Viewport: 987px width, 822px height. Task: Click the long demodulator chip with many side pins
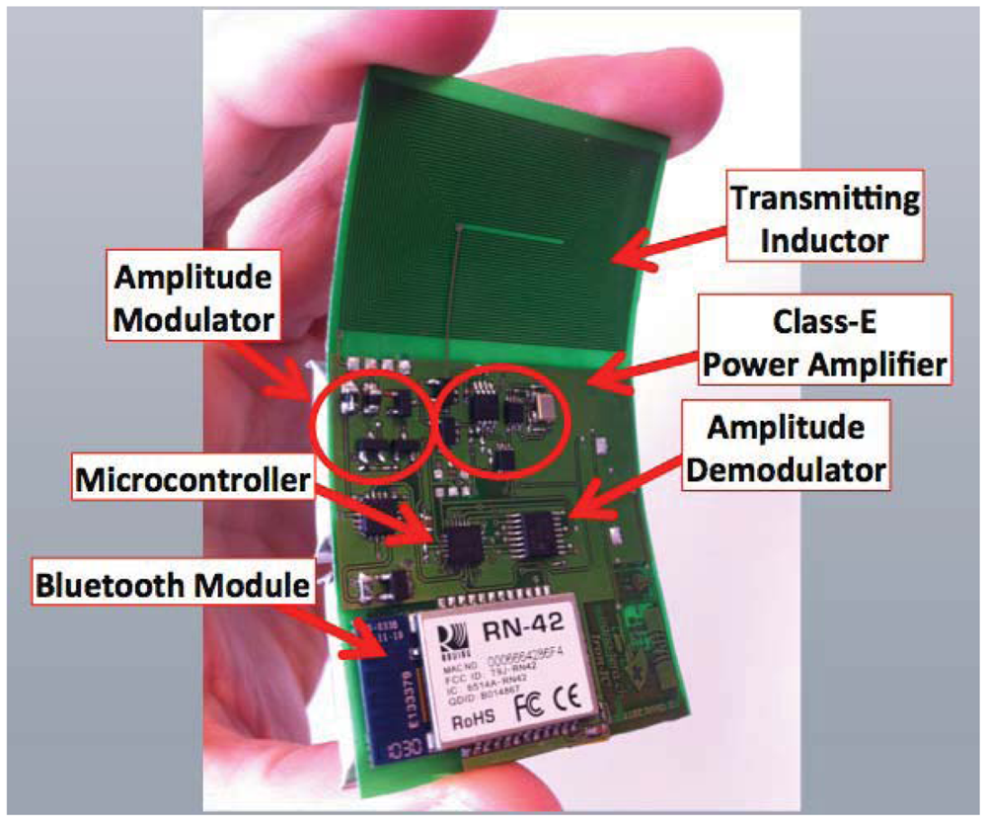[x=537, y=534]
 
